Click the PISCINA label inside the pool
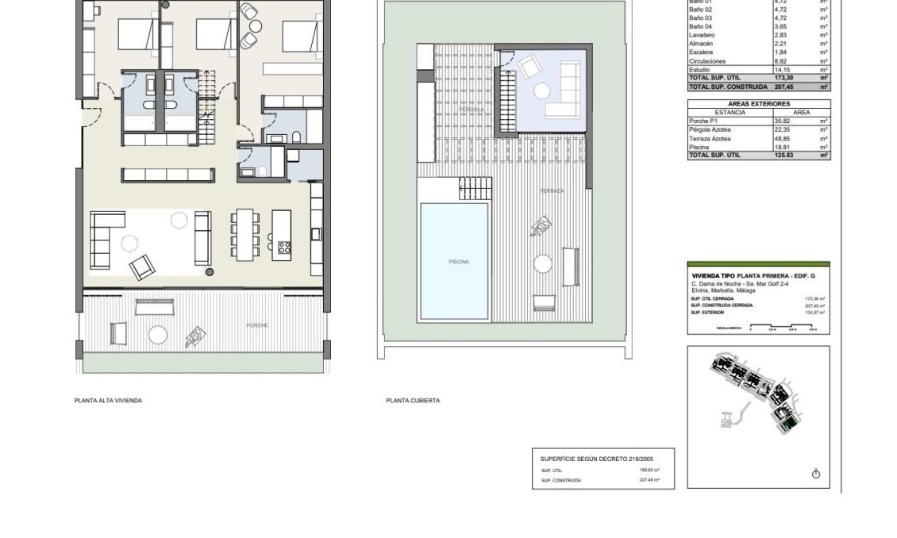[x=458, y=261]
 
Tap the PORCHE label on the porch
[x=256, y=325]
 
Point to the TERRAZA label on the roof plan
[x=552, y=191]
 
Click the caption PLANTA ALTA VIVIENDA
[x=108, y=401]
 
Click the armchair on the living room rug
[x=143, y=267]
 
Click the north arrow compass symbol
[x=815, y=474]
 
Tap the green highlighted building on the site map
[x=787, y=426]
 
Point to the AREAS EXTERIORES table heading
[x=758, y=104]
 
